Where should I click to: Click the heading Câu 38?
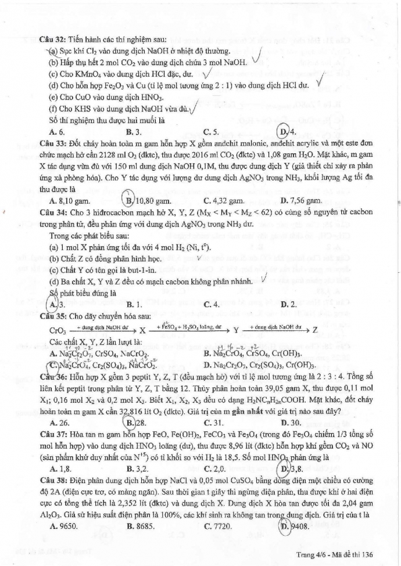[x=52, y=463]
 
